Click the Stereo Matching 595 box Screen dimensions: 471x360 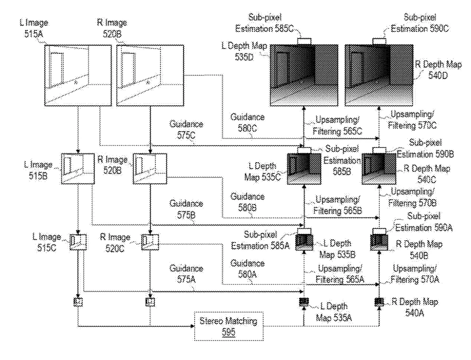229,326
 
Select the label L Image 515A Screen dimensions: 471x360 34,28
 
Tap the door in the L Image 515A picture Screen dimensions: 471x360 57,68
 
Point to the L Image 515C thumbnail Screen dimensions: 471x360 78,242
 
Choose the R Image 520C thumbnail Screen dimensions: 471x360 150,242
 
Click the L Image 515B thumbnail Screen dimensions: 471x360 78,168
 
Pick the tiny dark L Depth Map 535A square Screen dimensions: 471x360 304,302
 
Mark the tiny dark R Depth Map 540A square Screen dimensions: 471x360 379,302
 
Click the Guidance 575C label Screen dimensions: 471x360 186,129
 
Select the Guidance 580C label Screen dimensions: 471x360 247,123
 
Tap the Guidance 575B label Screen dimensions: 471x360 186,209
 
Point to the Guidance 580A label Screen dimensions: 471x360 247,269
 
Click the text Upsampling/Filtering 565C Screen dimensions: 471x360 337,125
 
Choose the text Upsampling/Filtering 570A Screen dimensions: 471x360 415,274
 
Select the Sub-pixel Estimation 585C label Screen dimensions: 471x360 265,23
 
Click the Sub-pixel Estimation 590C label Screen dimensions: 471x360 420,23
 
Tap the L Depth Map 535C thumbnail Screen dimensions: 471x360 304,168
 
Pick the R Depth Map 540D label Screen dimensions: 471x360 438,70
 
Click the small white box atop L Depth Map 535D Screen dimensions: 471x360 304,41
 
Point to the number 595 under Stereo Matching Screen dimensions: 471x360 229,332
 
